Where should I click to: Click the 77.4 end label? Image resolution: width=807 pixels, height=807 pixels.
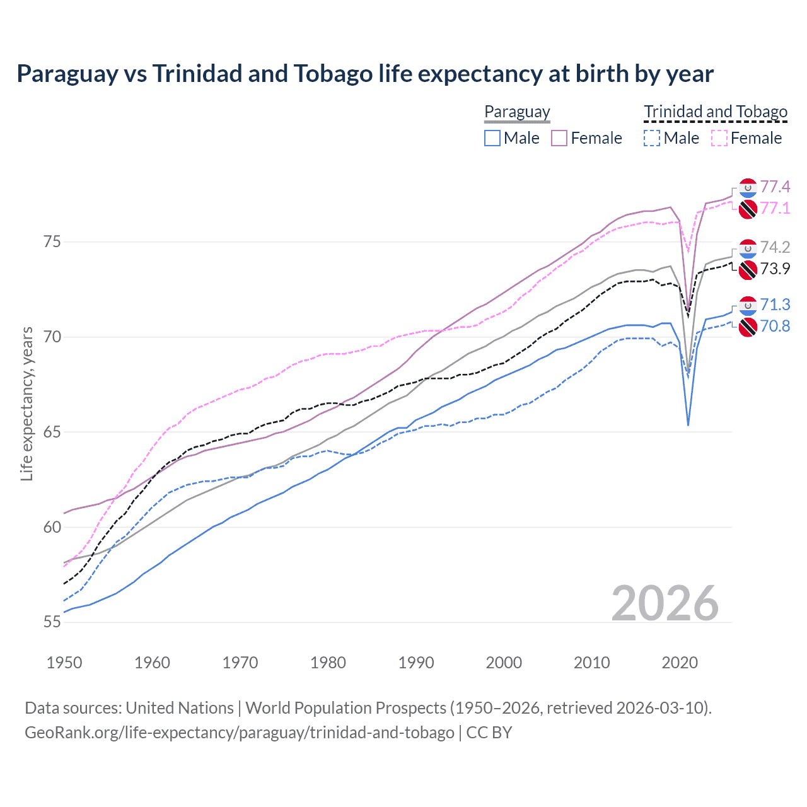coord(775,187)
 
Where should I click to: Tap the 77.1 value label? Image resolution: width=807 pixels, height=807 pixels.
coord(775,208)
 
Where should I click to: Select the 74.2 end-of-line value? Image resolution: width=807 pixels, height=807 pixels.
coord(775,247)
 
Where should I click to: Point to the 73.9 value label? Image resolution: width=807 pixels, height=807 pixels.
coord(775,269)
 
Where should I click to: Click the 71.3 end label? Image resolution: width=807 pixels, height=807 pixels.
coord(775,305)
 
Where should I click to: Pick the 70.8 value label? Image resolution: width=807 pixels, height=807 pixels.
coord(775,326)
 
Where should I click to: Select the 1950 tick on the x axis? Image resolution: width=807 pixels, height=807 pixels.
coord(64,663)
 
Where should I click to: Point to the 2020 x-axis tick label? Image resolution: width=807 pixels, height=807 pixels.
coord(680,663)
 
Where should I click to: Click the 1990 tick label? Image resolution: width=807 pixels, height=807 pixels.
coord(416,663)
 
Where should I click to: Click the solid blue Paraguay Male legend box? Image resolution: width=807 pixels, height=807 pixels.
coord(492,138)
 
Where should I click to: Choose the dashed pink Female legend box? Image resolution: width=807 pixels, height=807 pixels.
coord(719,138)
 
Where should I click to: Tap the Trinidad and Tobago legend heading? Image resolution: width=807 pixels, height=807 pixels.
coord(716,112)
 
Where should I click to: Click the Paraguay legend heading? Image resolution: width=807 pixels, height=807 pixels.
coord(517,112)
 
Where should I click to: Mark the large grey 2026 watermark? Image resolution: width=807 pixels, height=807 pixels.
coord(665,603)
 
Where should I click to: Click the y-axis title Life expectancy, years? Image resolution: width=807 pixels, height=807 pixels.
coord(26,403)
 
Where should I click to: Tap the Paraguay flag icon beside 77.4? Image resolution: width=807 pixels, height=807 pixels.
coord(747,187)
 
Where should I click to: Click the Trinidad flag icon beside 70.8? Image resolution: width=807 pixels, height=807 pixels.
coord(747,327)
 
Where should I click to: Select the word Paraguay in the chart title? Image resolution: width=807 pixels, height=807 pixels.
coord(67,74)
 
